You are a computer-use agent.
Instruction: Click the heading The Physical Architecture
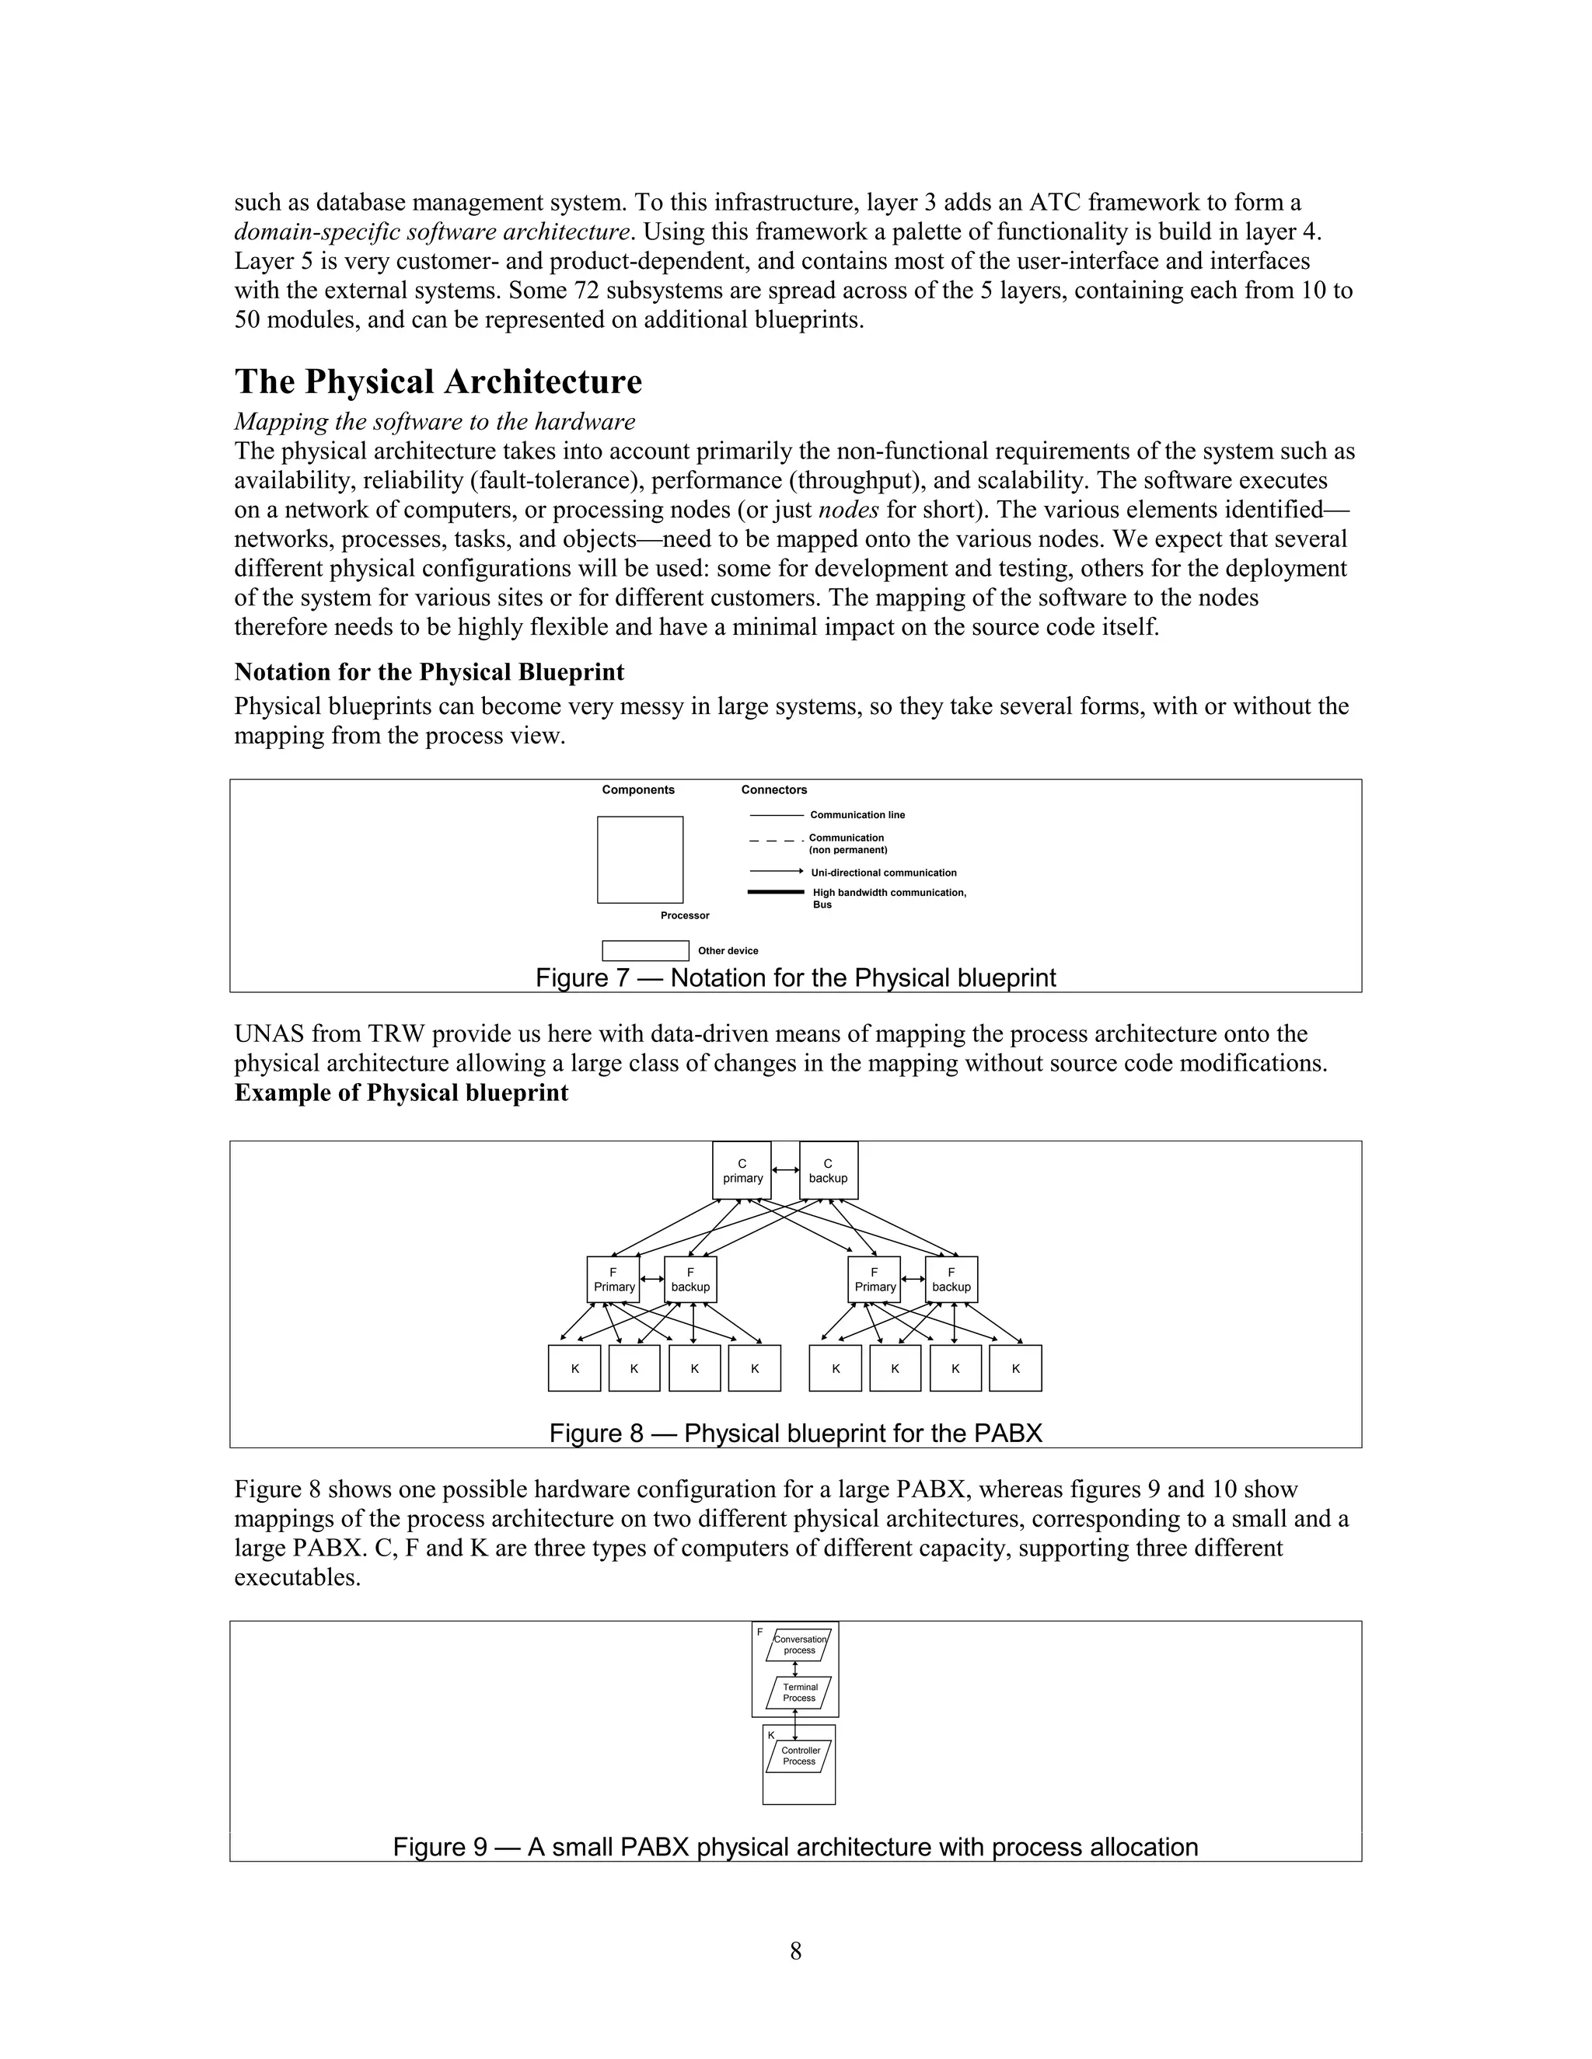438,381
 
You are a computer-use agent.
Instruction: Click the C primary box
742,1170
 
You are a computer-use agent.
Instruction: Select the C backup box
828,1170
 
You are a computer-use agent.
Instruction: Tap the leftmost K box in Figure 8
574,1368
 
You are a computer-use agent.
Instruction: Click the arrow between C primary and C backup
784,1170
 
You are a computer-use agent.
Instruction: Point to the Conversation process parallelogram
799,1644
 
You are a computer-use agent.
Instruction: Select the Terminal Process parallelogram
799,1692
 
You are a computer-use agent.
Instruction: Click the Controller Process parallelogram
799,1755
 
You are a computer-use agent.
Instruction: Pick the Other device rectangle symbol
645,950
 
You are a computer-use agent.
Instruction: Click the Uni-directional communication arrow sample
775,872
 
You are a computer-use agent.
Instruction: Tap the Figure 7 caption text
795,977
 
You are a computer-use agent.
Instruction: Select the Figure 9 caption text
795,1847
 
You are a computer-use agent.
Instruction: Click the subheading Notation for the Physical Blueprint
429,672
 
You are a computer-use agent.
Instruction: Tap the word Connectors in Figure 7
773,790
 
